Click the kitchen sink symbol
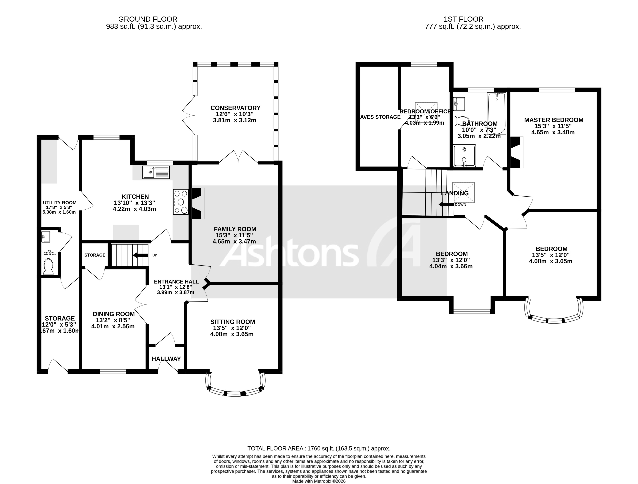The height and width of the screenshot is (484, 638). (156, 172)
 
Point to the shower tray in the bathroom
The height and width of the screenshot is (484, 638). (464, 156)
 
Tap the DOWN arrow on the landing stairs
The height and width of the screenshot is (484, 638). (446, 204)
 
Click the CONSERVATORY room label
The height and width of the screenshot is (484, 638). (235, 108)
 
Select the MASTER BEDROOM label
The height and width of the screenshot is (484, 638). (553, 120)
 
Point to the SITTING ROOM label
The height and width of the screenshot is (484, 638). (232, 322)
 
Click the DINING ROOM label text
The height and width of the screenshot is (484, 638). (114, 314)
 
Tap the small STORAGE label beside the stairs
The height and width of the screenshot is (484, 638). (95, 255)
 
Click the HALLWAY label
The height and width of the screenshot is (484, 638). (166, 359)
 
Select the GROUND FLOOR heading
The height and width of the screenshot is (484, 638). (148, 19)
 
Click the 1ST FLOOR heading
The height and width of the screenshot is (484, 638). (463, 19)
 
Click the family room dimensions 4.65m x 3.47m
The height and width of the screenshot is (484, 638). (234, 241)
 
